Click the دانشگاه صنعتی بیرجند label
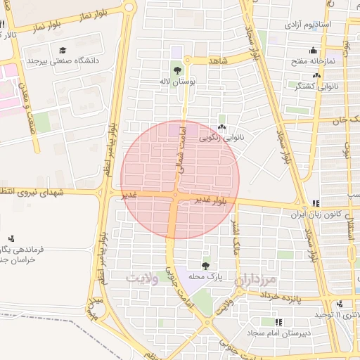pos(61,61)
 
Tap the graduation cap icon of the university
pos(63,50)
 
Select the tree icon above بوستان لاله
pos(176,70)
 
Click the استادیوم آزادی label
pos(307,25)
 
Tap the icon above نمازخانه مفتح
pos(330,51)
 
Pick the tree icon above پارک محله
pos(205,265)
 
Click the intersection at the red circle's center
pos(175,195)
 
